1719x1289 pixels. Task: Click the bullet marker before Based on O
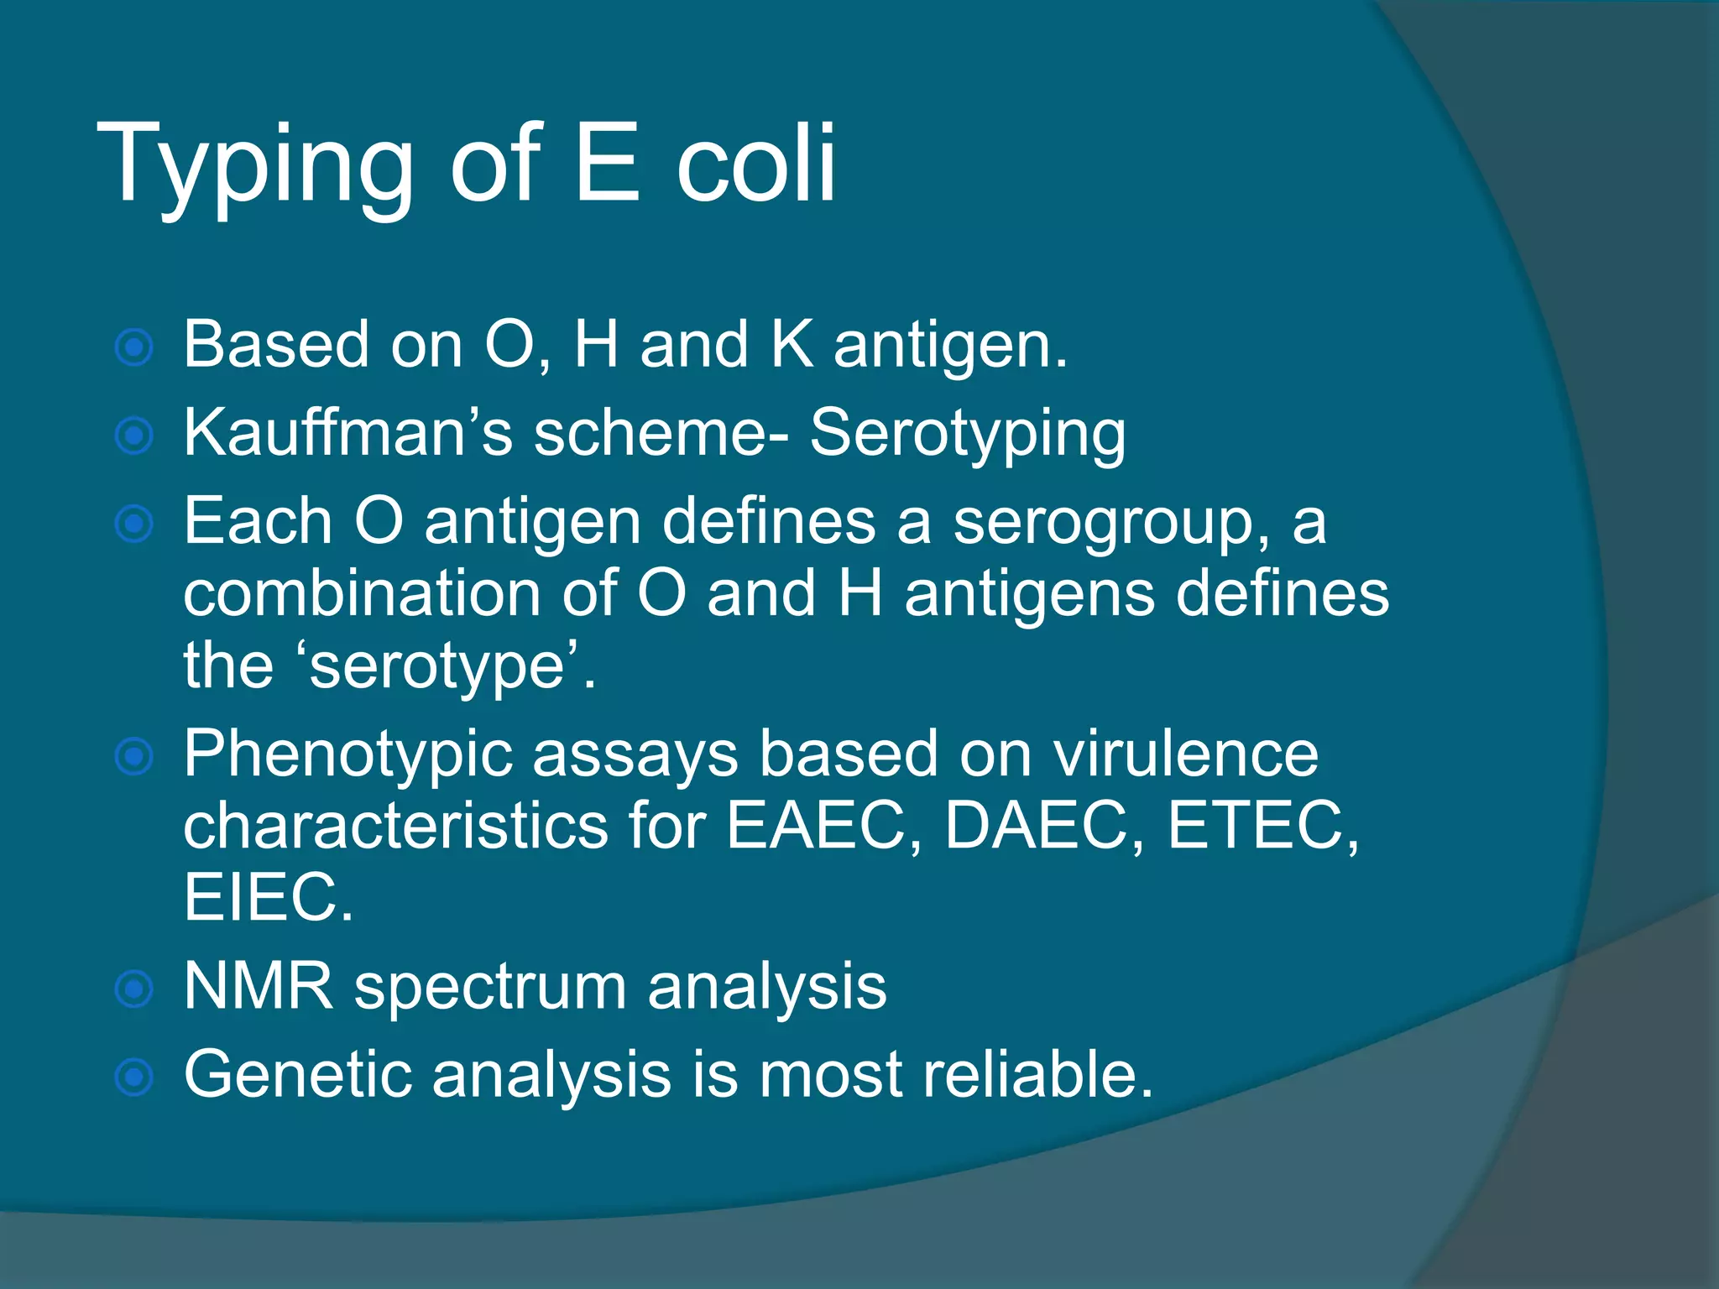point(134,347)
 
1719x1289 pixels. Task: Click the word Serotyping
point(967,435)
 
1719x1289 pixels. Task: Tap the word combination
point(362,593)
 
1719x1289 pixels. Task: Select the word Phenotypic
point(347,755)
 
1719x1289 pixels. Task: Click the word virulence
point(1185,754)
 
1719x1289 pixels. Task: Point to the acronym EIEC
point(268,897)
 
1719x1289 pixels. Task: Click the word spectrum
point(490,989)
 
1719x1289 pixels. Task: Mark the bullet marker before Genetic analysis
point(134,1077)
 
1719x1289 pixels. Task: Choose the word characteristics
point(395,826)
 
